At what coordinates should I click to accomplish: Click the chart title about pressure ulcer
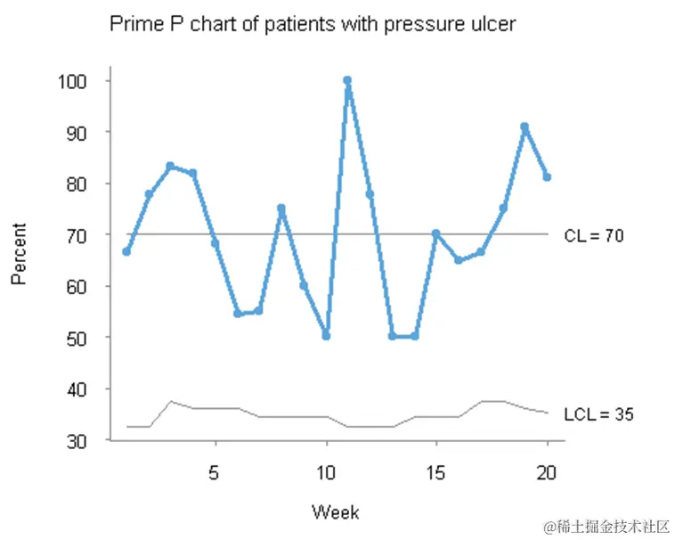pyautogui.click(x=312, y=24)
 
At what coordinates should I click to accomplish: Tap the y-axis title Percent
pyautogui.click(x=19, y=254)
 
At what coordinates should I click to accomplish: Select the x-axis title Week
pyautogui.click(x=336, y=512)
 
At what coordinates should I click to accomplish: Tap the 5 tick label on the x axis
pyautogui.click(x=214, y=473)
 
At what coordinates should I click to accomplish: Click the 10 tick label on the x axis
pyautogui.click(x=325, y=473)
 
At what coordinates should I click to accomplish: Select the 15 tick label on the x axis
pyautogui.click(x=436, y=473)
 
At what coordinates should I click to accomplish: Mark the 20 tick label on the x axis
pyautogui.click(x=547, y=473)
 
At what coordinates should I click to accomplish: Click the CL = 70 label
pyautogui.click(x=594, y=236)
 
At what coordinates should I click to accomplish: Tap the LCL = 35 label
pyautogui.click(x=598, y=414)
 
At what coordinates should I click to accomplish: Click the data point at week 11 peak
pyautogui.click(x=347, y=80)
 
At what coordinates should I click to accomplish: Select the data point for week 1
pyautogui.click(x=126, y=251)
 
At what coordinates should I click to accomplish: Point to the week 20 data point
pyautogui.click(x=547, y=177)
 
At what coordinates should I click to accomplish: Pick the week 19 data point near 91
pyautogui.click(x=525, y=127)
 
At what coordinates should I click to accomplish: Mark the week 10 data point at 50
pyautogui.click(x=326, y=336)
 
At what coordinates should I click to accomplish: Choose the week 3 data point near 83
pyautogui.click(x=170, y=166)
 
